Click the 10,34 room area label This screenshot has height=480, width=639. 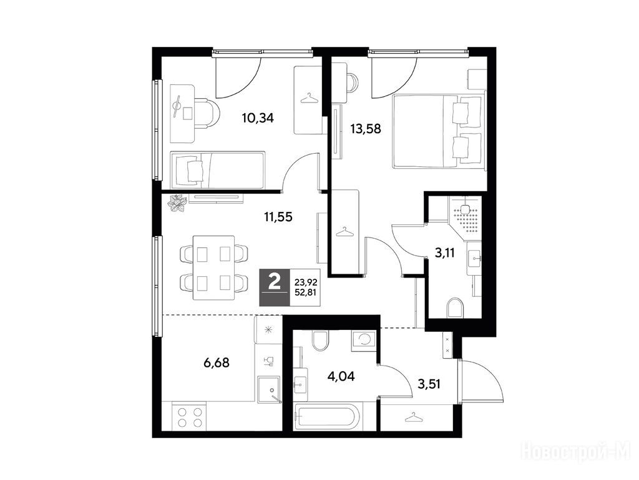tap(258, 118)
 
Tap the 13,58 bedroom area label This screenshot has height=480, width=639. tap(366, 129)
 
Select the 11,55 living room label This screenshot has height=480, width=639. tap(278, 216)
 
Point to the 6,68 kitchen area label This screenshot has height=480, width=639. tap(217, 362)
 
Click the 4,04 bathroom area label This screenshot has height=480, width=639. tap(341, 376)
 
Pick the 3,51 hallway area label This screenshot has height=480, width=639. tap(429, 384)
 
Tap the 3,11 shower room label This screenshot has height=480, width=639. tap(444, 253)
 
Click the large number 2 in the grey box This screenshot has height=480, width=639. tap(275, 282)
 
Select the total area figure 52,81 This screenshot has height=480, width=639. tap(306, 292)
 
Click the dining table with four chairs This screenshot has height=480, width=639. tap(214, 267)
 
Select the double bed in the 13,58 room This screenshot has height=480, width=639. tap(439, 131)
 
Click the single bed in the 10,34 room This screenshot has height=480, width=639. tap(218, 170)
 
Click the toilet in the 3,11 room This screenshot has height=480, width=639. tap(455, 307)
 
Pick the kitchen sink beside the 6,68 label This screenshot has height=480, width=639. tap(268, 389)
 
